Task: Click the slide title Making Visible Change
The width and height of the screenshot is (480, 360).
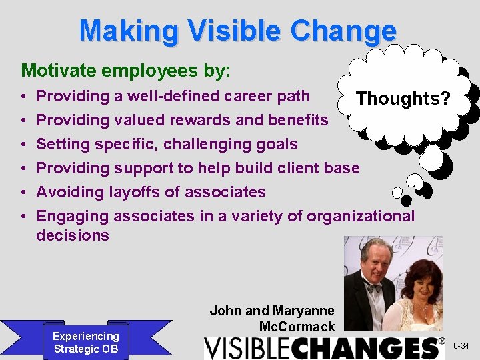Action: coord(237,31)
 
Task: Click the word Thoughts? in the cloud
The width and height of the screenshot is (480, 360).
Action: coord(403,99)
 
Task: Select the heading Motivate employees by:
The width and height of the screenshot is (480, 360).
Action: coord(126,70)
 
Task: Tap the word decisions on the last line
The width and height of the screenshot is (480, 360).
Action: coord(72,235)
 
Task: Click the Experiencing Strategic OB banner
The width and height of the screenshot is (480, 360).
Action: coord(86,343)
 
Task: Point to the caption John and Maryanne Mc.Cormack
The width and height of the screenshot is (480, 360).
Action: coord(272,319)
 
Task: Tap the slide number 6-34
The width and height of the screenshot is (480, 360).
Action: coord(461,346)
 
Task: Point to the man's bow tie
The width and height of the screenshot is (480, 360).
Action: coord(373,287)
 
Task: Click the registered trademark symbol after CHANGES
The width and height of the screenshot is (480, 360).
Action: coord(441,341)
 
